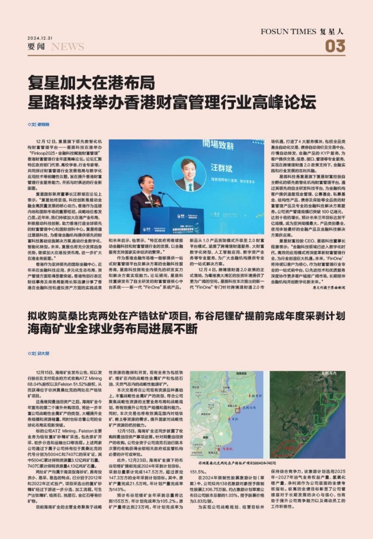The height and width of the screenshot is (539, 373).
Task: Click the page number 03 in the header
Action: [x=335, y=46]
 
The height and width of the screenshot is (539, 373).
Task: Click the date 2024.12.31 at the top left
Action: [x=40, y=38]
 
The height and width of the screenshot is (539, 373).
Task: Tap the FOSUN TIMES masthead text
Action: [x=288, y=32]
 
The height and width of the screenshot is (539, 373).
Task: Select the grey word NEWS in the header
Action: [x=68, y=47]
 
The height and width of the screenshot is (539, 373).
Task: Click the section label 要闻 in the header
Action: [x=36, y=47]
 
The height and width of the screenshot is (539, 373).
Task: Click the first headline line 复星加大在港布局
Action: [x=91, y=83]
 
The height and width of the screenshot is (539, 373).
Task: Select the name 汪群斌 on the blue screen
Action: [x=221, y=168]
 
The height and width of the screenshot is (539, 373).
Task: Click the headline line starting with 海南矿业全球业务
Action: [x=113, y=329]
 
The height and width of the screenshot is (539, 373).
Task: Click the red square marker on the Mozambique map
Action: [x=237, y=410]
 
